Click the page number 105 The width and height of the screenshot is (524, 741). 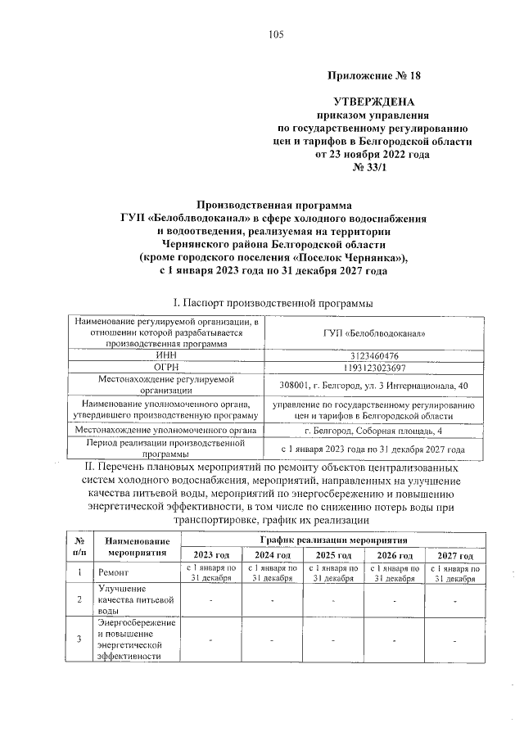[275, 34]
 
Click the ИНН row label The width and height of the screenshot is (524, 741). [166, 356]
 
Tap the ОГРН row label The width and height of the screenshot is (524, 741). [166, 368]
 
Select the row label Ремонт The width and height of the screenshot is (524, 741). [112, 573]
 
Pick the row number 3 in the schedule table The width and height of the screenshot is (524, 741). [79, 639]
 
